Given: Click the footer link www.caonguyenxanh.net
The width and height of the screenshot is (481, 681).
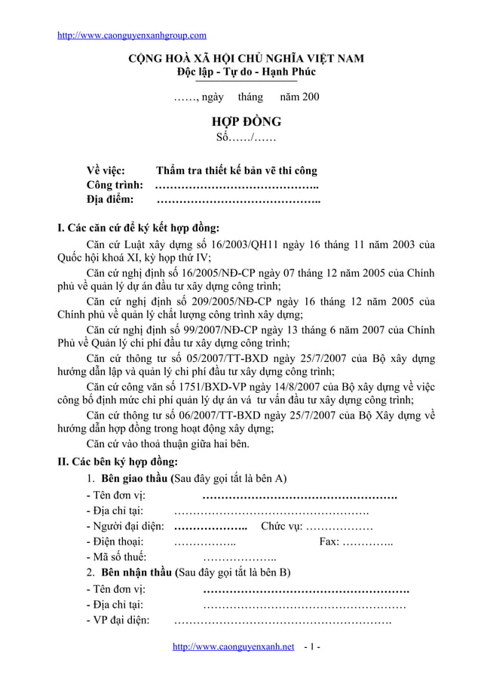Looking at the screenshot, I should coord(233,648).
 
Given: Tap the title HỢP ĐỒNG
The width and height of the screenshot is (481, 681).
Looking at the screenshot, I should coord(246,121).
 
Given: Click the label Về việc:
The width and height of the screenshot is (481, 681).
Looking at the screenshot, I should coord(106,170).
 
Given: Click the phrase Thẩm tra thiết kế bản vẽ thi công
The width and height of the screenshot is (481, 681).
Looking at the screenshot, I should coord(236,170).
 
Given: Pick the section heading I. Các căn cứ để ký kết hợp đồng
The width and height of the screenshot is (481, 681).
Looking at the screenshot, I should coord(139,229).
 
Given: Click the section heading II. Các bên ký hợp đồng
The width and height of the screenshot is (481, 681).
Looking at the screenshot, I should coord(118,462).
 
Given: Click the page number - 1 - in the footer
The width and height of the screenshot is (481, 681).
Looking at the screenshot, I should coord(311,648).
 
